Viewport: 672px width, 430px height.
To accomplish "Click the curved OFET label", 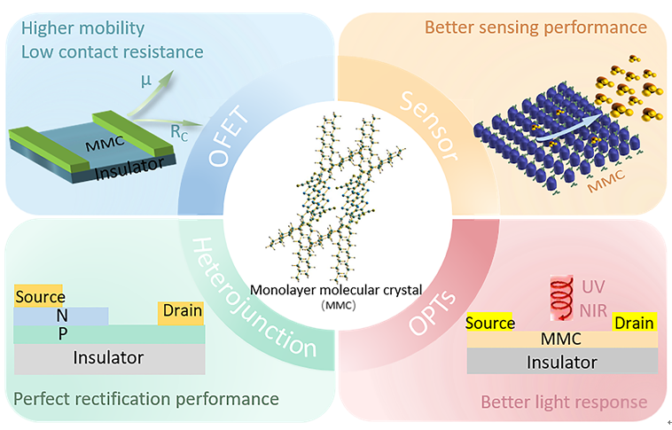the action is click(229, 136).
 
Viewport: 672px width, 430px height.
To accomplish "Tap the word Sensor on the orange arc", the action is click(429, 126).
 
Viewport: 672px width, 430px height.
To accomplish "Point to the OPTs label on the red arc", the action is click(432, 312).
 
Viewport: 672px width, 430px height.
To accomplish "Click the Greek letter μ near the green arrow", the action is click(146, 81).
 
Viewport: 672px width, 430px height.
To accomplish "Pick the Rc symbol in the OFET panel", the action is click(179, 133).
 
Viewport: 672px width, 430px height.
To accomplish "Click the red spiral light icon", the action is click(562, 298).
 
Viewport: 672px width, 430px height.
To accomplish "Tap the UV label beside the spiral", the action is click(593, 286).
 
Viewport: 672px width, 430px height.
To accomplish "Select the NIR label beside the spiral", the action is click(593, 311).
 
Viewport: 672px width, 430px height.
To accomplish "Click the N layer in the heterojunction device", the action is click(61, 316).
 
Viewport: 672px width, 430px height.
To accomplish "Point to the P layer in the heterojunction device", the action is click(109, 334).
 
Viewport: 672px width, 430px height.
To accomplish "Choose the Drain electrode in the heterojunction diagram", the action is click(181, 313).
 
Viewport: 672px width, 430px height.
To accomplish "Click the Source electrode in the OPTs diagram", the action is click(489, 323).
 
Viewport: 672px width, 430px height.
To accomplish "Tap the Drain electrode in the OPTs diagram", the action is click(634, 323).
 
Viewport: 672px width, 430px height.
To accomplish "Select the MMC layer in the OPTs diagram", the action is click(562, 339).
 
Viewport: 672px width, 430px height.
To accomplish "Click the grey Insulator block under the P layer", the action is click(109, 358).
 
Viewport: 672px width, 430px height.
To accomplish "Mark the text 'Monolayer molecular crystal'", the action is click(336, 290).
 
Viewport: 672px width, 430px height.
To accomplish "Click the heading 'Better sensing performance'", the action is click(535, 27).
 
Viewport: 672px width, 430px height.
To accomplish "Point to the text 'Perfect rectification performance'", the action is click(146, 399).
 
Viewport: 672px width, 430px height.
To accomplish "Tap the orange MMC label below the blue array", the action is click(606, 182).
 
